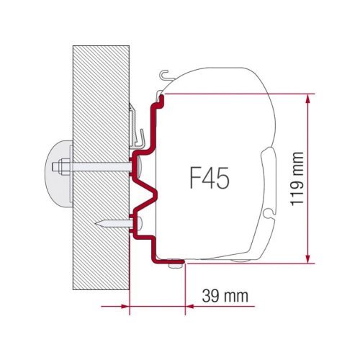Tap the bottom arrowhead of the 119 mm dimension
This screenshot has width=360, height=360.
[x=310, y=258]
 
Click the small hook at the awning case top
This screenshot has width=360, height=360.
[x=167, y=72]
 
